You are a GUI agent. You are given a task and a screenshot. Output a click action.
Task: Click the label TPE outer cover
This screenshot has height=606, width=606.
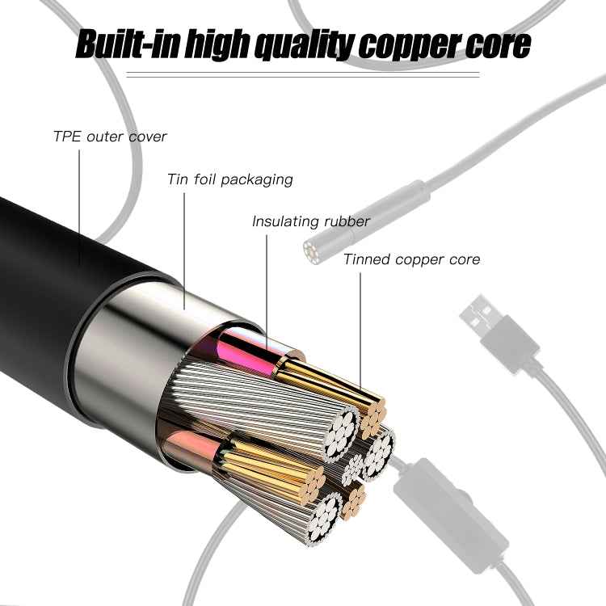point(110,136)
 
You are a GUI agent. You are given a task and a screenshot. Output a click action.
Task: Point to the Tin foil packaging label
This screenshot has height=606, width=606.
point(229,179)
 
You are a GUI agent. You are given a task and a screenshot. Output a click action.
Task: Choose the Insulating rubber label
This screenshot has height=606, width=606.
point(311,221)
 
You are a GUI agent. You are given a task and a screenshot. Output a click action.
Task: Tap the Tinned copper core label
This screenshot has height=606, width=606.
point(411,259)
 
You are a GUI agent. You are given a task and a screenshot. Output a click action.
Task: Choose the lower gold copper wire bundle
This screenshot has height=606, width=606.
point(267,465)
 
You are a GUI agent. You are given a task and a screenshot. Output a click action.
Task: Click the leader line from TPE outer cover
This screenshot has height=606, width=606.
point(79,202)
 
